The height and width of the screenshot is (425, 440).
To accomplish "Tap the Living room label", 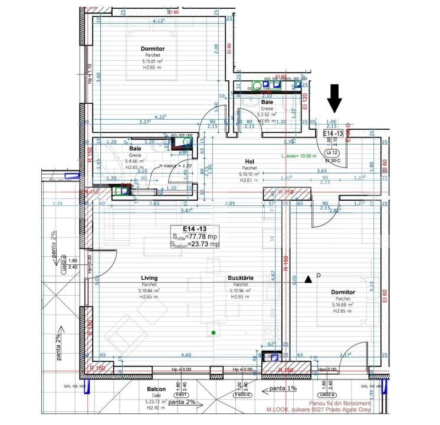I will click(x=149, y=277).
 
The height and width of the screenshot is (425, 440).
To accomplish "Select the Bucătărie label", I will click(x=241, y=277).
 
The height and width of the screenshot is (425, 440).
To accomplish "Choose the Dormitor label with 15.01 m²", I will click(x=152, y=48).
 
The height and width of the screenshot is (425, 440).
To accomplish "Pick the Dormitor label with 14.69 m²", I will click(x=343, y=292).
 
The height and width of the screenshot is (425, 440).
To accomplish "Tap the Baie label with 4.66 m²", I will click(x=135, y=149).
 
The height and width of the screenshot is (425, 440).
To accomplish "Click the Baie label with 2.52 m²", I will click(x=267, y=102).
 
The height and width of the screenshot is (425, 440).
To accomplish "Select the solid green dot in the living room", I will click(x=214, y=333).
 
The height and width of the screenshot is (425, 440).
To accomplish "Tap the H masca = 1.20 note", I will click(x=160, y=166).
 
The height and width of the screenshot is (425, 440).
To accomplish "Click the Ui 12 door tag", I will click(x=330, y=153).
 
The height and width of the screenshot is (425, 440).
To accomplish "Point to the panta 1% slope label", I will click(x=281, y=389).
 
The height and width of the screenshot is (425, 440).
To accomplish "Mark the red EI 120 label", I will click(x=305, y=102).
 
